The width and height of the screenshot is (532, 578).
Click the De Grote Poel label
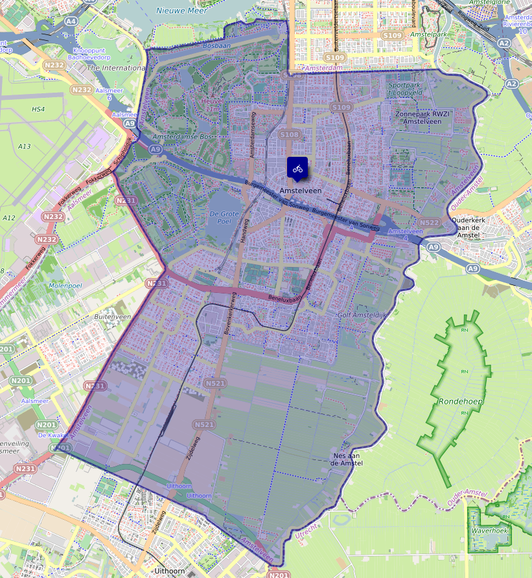(224, 217)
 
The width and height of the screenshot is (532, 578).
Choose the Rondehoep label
(461, 401)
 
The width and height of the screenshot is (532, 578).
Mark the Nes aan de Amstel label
(347, 459)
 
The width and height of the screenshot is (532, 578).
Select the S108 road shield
(290, 135)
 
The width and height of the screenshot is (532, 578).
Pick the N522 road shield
(430, 222)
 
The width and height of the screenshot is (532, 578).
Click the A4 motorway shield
(71, 21)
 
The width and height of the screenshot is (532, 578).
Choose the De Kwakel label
(50, 435)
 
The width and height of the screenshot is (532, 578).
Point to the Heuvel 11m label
(212, 105)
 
